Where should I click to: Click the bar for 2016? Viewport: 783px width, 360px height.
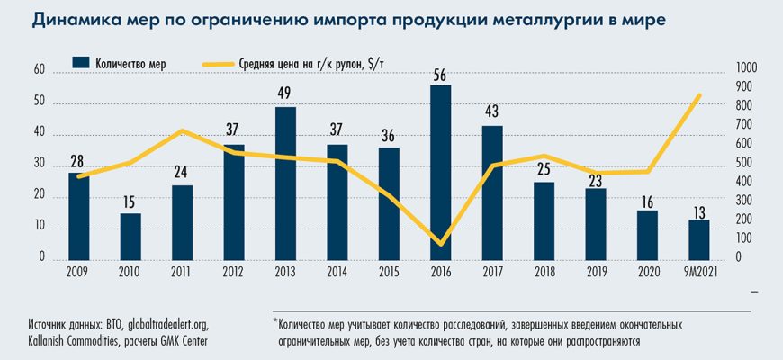(x=440, y=172)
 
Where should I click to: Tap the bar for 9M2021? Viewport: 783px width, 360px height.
(x=698, y=238)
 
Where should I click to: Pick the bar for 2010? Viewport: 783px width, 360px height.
(x=130, y=236)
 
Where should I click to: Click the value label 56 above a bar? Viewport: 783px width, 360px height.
(x=440, y=76)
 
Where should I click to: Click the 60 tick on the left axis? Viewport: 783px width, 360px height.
(x=39, y=69)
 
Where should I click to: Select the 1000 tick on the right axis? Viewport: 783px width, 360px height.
(x=748, y=69)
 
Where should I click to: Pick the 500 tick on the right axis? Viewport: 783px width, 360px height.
(x=746, y=164)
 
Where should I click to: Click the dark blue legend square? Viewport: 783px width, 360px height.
(x=80, y=63)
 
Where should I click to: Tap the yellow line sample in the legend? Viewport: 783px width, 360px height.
(x=218, y=63)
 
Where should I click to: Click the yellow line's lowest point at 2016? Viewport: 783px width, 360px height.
(x=440, y=243)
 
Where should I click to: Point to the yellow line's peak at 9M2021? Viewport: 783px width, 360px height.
(x=698, y=95)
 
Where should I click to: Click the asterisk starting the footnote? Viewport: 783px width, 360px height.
(x=274, y=320)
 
